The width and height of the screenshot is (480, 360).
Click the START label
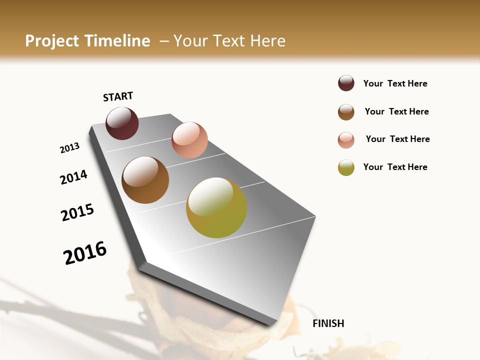click(118, 96)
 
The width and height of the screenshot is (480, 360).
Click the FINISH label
click(328, 323)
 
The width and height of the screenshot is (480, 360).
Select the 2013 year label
click(69, 148)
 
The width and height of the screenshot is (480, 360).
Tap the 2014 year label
click(73, 177)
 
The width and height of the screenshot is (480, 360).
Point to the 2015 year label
click(77, 212)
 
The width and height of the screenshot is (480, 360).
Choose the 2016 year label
click(85, 252)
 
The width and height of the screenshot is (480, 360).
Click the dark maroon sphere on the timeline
click(122, 123)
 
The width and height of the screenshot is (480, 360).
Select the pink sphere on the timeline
click(189, 140)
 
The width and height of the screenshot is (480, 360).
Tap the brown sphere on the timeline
click(145, 180)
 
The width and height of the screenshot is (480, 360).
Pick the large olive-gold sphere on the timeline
click(216, 207)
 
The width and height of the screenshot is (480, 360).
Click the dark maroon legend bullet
click(346, 83)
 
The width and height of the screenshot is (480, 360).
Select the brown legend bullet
click(346, 112)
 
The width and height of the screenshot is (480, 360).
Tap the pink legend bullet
click(346, 140)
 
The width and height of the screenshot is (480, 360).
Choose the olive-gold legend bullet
click(346, 167)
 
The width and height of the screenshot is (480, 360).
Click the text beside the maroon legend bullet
click(395, 83)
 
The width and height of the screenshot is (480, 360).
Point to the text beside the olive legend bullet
click(395, 167)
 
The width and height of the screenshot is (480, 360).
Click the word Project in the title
click(51, 41)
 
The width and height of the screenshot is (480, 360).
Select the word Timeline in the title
click(117, 41)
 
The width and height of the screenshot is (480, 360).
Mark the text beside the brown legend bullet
click(396, 111)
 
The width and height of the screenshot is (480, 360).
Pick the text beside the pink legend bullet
click(397, 139)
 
